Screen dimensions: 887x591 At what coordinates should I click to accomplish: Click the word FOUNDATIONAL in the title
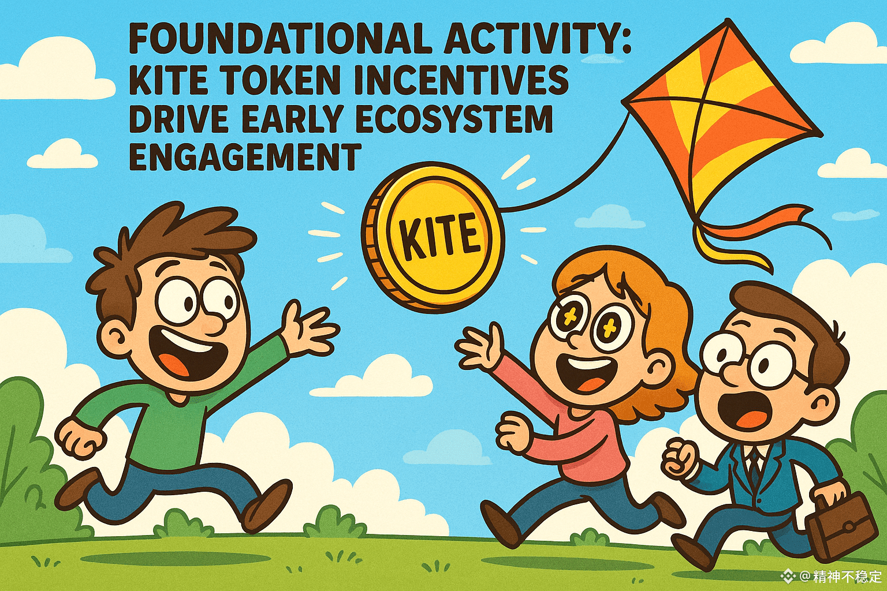279,40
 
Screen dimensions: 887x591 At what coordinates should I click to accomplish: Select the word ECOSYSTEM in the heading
454,119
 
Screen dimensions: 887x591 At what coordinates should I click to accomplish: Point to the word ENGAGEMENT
245,157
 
